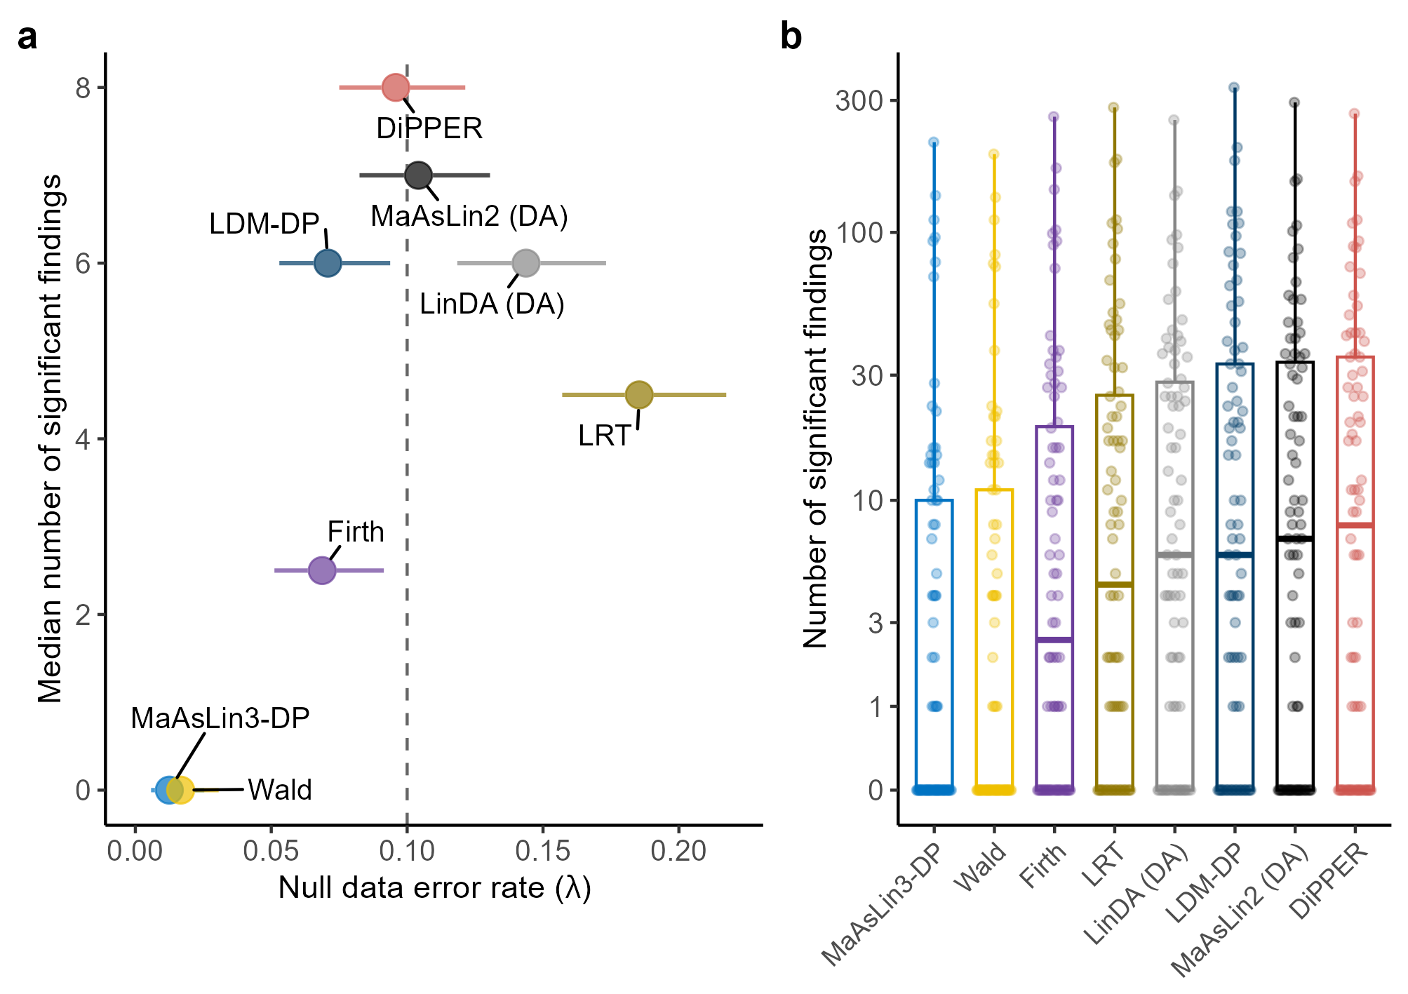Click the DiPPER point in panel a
[x=396, y=88]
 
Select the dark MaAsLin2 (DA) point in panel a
[x=419, y=175]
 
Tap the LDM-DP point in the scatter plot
[x=328, y=263]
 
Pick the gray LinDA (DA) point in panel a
[x=526, y=263]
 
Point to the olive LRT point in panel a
[x=638, y=395]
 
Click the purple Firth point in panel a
[x=322, y=570]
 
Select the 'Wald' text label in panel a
[x=280, y=790]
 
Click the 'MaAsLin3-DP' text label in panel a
[x=220, y=718]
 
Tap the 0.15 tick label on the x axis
[x=542, y=851]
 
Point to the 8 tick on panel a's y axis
[x=83, y=88]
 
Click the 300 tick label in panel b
[x=859, y=100]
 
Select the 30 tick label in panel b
[x=867, y=375]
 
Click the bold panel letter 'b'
[x=791, y=36]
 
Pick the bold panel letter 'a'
[x=27, y=36]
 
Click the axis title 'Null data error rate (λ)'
[x=434, y=888]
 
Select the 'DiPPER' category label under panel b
[x=1329, y=881]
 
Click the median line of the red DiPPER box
[x=1355, y=525]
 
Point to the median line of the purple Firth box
[x=1054, y=640]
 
